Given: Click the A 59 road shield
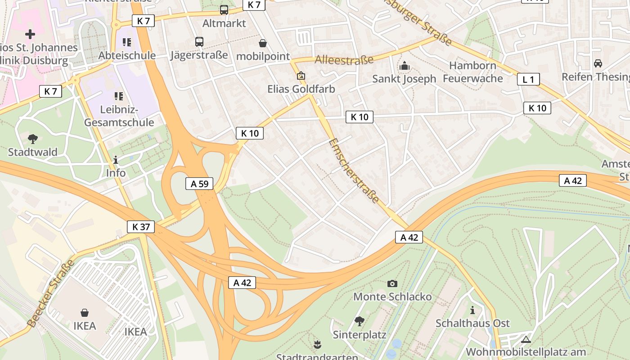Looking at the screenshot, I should tap(199, 184).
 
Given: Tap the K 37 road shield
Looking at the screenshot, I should tap(141, 227).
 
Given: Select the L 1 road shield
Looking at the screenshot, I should tap(528, 80).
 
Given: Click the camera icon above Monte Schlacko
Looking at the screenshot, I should tap(392, 283).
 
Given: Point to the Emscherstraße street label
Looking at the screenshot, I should tap(354, 171).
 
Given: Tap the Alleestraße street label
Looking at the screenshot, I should tap(344, 60).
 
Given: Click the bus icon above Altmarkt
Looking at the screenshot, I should tap(224, 9).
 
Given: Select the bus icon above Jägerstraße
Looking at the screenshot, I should tap(199, 42).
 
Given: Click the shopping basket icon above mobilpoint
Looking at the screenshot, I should tap(263, 43).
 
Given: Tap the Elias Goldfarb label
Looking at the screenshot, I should tap(301, 89).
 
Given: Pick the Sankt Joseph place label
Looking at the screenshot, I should tap(404, 79).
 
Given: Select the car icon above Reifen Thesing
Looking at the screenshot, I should tap(598, 63).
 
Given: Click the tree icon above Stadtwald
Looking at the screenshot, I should tap(33, 139).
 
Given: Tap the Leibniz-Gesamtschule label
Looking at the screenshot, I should tap(119, 116).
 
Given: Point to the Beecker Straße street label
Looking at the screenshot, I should tap(50, 293).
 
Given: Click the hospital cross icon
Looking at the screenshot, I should tap(30, 34).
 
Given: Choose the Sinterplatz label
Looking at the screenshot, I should tap(360, 335).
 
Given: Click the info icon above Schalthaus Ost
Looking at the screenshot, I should tap(472, 310).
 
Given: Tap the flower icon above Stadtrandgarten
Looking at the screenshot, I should tap(317, 345).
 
